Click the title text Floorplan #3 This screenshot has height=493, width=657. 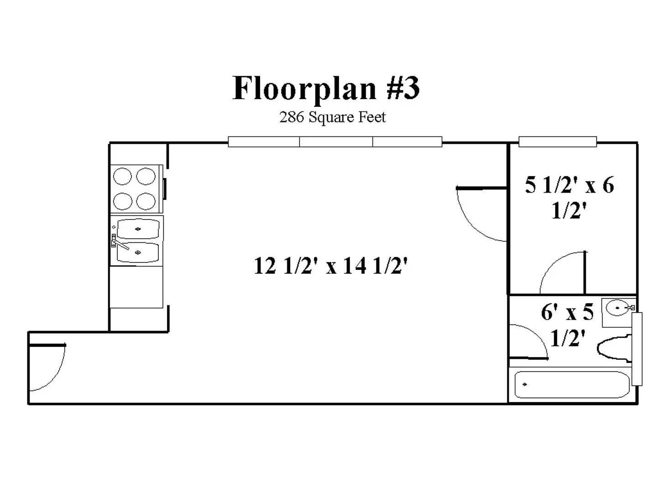(x=326, y=88)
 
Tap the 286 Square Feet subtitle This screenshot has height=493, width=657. (x=332, y=117)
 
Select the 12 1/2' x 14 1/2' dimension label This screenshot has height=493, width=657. (x=330, y=266)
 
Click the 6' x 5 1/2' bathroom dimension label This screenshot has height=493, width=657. (x=568, y=325)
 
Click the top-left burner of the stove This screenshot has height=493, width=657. (x=122, y=176)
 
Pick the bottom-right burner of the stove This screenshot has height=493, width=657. (x=146, y=201)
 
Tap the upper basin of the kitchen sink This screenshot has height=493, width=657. (x=138, y=229)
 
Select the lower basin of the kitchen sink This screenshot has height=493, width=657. (x=138, y=252)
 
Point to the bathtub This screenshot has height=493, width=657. (x=571, y=385)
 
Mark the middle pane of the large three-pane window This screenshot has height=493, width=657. (x=336, y=142)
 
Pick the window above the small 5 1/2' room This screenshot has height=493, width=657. (x=558, y=142)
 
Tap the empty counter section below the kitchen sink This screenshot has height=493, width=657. (x=136, y=287)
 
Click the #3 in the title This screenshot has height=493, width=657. (x=403, y=88)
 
